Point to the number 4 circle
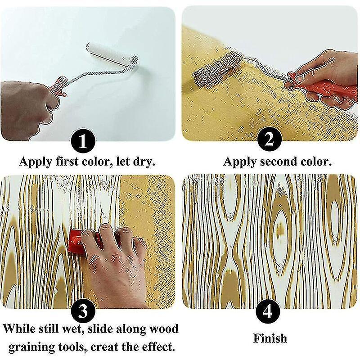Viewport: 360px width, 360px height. point(269,311)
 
